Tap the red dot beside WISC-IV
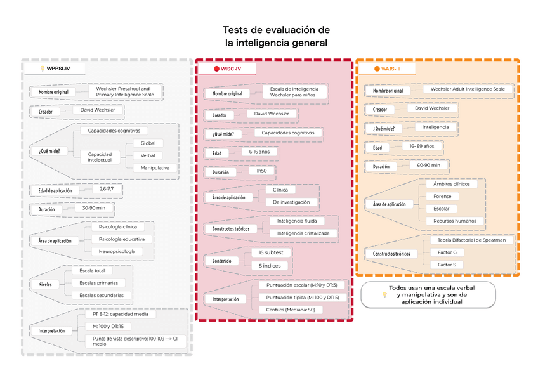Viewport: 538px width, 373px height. [216, 69]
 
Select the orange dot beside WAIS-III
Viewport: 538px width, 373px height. [377, 69]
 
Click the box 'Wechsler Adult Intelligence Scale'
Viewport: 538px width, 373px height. [468, 89]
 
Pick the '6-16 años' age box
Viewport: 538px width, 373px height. [259, 152]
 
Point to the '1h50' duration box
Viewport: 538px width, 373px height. [261, 171]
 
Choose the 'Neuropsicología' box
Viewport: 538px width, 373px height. [116, 251]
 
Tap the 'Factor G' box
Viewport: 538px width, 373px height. [450, 252]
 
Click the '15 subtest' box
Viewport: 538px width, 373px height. [271, 252]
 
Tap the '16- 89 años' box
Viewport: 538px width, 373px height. [422, 146]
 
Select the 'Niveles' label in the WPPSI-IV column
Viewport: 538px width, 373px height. [45, 284]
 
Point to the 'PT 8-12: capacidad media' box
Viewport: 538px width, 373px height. [120, 314]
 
